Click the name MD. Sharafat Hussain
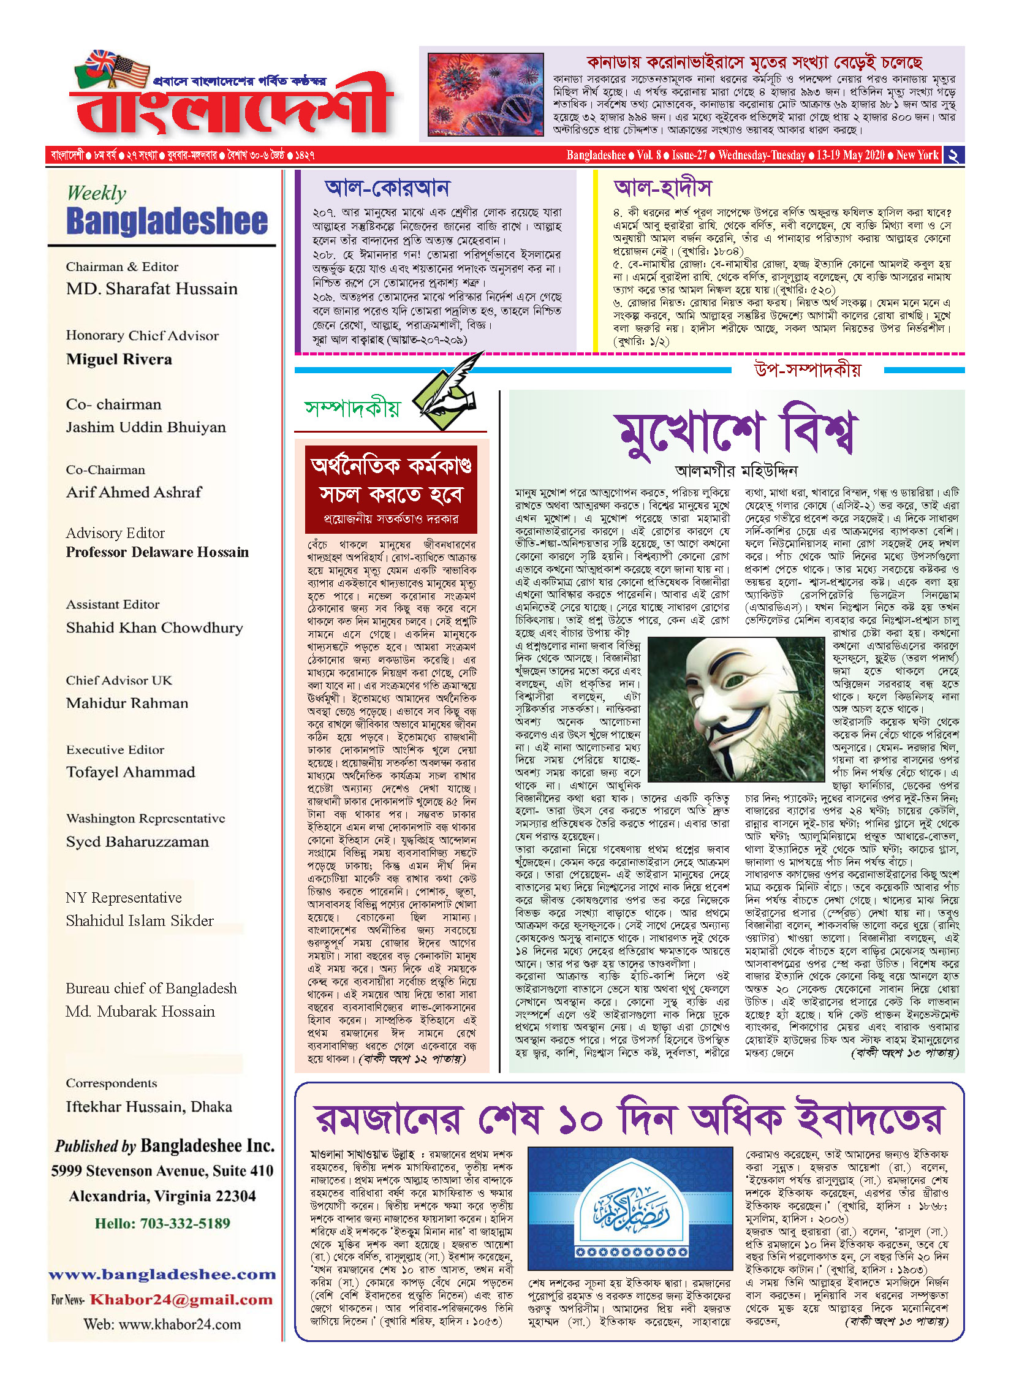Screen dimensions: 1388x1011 tap(151, 289)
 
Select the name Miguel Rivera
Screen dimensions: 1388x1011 tap(119, 359)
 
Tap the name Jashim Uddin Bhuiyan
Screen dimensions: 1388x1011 tap(146, 427)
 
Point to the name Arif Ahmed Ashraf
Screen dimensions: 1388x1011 tap(134, 492)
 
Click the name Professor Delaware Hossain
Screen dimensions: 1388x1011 tap(157, 552)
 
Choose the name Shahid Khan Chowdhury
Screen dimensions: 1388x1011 tap(154, 628)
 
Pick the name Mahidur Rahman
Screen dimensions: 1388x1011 tap(127, 703)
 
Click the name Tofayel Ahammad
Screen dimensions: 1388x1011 tap(131, 772)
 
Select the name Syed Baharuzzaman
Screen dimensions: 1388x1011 tap(137, 841)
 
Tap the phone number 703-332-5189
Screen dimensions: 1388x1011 tap(185, 1224)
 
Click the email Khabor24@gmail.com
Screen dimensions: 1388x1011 tap(181, 1300)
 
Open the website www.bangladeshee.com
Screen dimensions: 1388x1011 tap(162, 1275)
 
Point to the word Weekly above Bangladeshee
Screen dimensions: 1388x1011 tap(96, 193)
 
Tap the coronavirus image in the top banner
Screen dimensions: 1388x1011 tap(485, 94)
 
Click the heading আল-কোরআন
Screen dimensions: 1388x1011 tap(387, 188)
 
